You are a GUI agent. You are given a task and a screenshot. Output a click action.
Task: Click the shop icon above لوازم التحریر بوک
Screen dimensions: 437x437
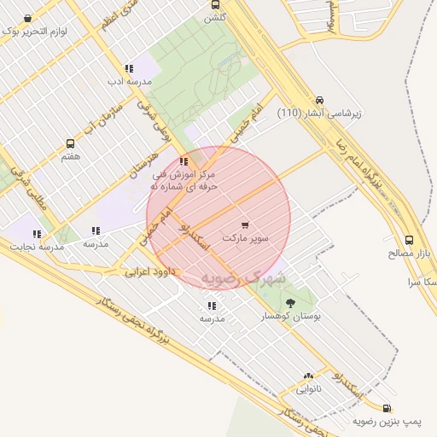click(28, 18)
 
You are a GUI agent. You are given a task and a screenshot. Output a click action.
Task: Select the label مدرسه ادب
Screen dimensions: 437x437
click(129, 81)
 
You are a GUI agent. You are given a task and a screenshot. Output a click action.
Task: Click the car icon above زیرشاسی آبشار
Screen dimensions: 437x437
click(319, 99)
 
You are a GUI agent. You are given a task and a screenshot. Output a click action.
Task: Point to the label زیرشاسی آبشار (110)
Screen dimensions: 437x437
click(320, 113)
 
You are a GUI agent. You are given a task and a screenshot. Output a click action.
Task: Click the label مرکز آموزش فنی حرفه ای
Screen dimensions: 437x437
click(184, 179)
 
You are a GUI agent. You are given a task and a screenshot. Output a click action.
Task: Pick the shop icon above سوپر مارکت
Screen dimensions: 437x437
click(246, 224)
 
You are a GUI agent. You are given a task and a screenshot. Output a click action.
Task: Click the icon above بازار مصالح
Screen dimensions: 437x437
click(410, 240)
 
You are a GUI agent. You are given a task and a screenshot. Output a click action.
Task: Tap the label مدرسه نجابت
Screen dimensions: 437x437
click(38, 247)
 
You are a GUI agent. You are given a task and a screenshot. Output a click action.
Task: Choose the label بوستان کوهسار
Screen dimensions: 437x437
click(294, 316)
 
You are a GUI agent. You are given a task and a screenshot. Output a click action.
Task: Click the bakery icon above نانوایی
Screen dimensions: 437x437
click(308, 376)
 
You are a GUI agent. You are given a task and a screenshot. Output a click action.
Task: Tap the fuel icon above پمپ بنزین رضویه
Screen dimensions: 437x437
click(388, 408)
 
